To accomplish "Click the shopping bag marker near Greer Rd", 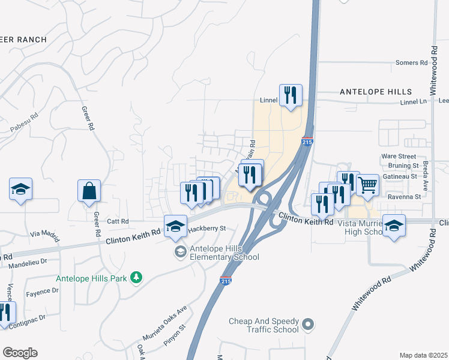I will click(x=89, y=191).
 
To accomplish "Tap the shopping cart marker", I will click(x=367, y=185).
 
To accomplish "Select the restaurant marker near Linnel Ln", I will click(x=291, y=95).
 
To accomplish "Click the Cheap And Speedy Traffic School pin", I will click(x=308, y=325).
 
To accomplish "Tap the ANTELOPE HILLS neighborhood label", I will click(x=376, y=92).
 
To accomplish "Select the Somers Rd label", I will click(x=411, y=62).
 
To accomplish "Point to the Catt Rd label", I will click(x=118, y=221).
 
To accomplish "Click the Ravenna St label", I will click(x=404, y=197).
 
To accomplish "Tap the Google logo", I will click(x=20, y=353).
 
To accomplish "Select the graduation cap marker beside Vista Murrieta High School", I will click(x=394, y=226).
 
